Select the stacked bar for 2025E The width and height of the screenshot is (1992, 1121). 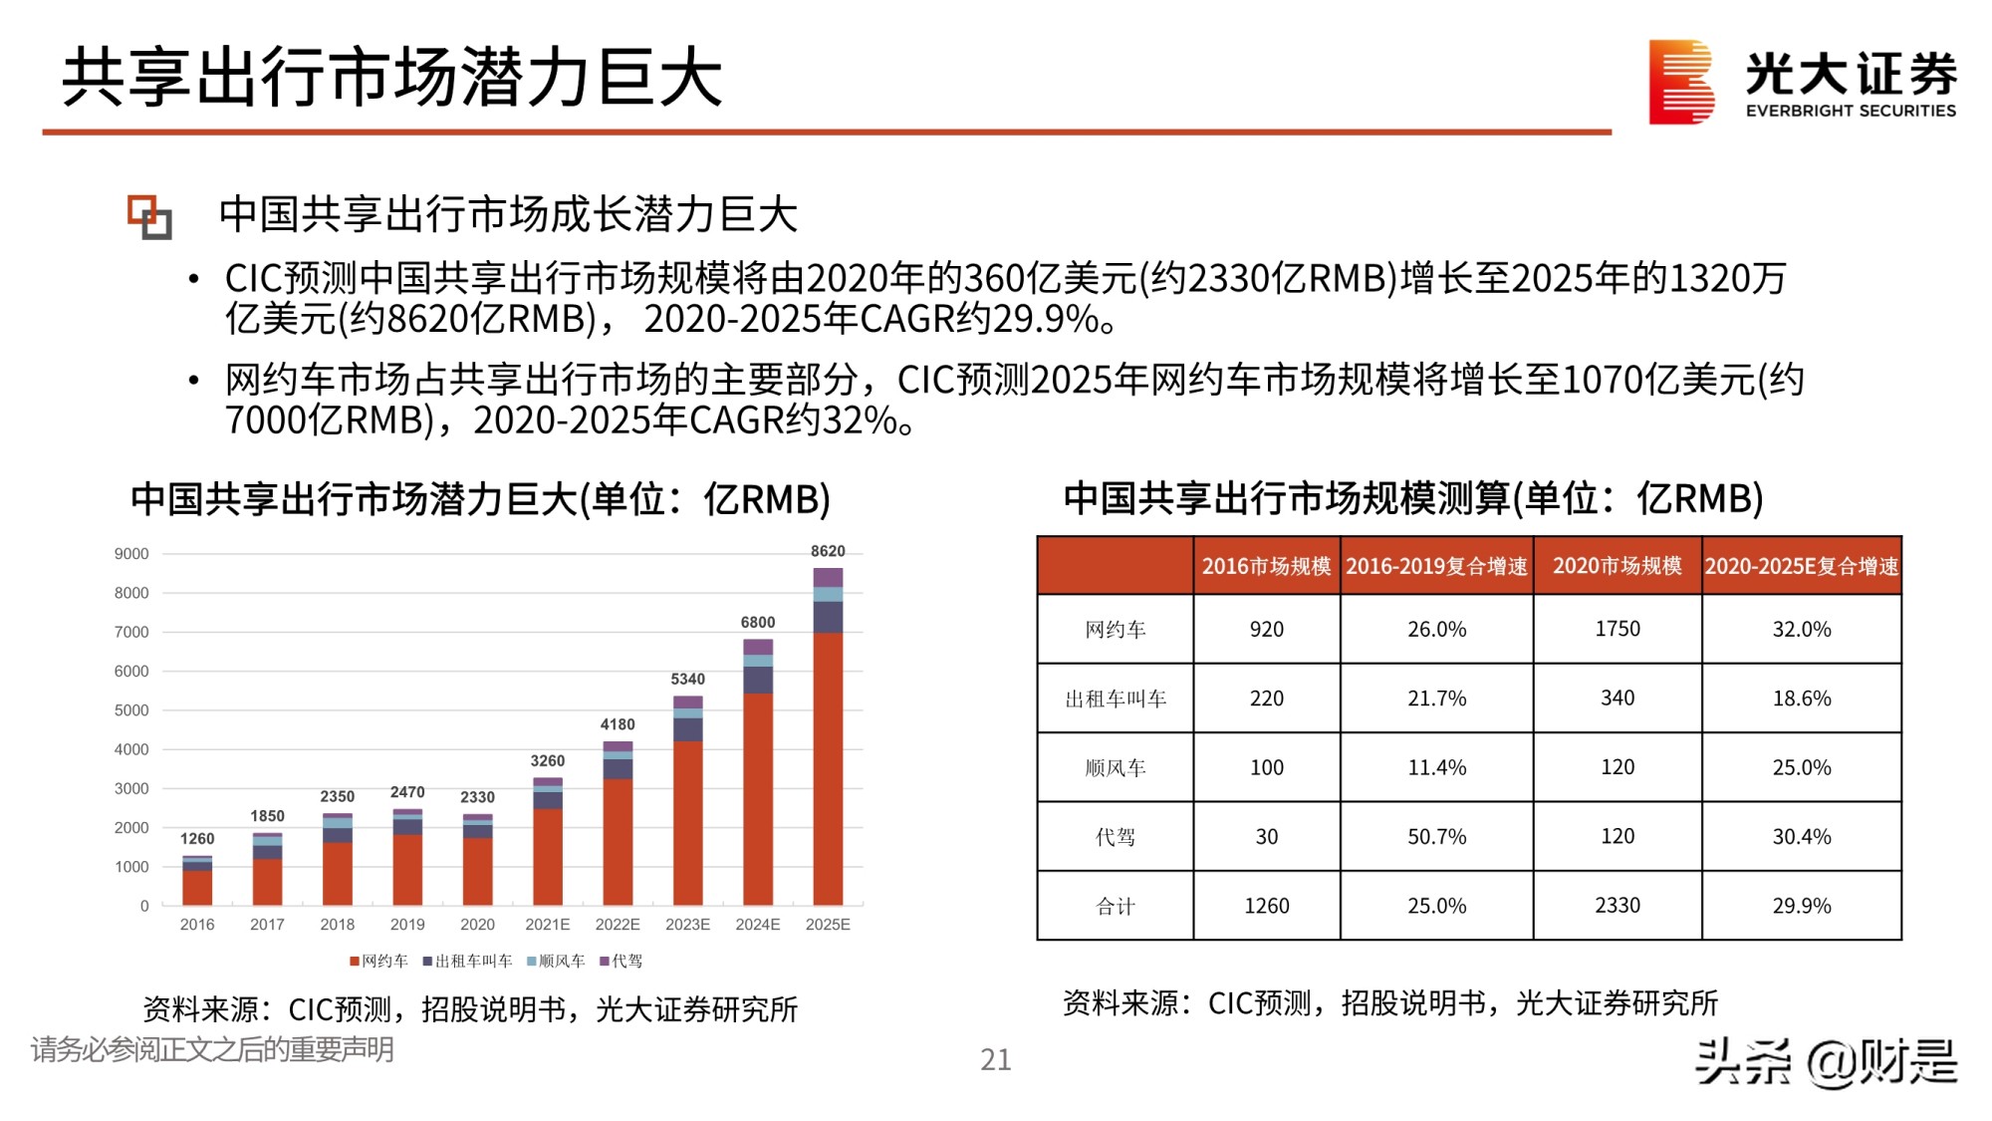(828, 737)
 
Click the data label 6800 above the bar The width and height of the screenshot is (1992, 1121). (758, 622)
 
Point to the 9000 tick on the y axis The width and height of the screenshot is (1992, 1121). (131, 554)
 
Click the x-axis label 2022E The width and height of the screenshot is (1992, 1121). (618, 925)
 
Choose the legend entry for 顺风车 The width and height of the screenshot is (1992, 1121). (556, 961)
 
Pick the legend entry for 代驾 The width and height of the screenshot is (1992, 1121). (622, 961)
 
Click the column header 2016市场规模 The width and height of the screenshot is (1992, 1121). (1266, 566)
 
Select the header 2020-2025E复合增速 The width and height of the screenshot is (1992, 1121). (1801, 566)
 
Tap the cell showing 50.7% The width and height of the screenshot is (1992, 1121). (1436, 837)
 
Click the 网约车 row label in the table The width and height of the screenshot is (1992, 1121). (1116, 630)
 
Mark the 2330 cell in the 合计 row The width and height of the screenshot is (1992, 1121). (1617, 906)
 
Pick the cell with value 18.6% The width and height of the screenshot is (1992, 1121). (1801, 699)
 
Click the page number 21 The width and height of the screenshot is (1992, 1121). (995, 1059)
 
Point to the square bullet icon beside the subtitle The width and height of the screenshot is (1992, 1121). (149, 216)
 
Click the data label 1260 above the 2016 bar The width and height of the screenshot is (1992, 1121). (197, 839)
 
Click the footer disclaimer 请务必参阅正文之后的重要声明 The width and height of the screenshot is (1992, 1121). (212, 1049)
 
